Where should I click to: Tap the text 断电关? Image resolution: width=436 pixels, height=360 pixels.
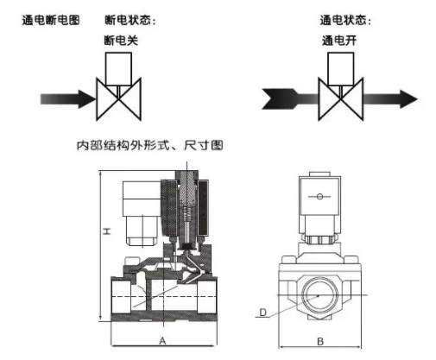point(117,39)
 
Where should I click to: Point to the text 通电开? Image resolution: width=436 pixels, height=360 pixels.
point(337,39)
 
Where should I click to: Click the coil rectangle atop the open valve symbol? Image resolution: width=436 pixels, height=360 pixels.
point(337,66)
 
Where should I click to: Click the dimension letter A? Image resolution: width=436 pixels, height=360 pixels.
point(162,341)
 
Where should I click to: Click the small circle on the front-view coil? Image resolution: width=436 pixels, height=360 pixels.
point(319,197)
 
